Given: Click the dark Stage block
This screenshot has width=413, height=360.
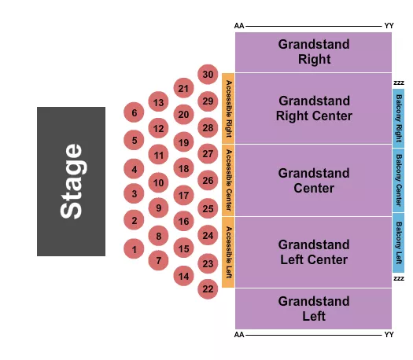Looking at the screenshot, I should [x=71, y=182].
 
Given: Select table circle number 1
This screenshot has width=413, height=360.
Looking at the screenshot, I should [x=135, y=249].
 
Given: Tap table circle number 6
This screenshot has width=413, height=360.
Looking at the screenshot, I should [x=135, y=112].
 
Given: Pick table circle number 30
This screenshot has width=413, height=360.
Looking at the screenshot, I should [x=208, y=75].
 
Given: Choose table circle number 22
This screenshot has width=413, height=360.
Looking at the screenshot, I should [x=208, y=288].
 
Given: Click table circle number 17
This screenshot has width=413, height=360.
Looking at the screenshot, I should [x=183, y=195].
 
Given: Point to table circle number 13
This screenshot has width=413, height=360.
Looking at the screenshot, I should [x=158, y=102].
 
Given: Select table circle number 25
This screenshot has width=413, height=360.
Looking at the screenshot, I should [x=208, y=208].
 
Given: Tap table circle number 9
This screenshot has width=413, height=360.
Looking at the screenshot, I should [x=158, y=208].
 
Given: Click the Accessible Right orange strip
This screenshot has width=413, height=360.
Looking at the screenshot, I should [x=228, y=108].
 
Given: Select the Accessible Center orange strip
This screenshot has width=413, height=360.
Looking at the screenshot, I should [x=228, y=180].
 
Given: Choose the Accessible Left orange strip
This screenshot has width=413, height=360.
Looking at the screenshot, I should [x=228, y=252].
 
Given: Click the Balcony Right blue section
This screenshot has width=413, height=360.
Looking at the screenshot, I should [x=399, y=116].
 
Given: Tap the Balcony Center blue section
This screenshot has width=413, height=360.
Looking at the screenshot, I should [x=399, y=179].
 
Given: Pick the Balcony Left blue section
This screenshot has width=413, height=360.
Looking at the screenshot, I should [x=399, y=242].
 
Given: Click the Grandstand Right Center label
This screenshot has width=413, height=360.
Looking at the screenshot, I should [x=313, y=108].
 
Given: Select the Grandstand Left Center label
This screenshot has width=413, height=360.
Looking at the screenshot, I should [x=313, y=252].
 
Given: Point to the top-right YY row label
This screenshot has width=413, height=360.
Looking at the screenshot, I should [x=389, y=26].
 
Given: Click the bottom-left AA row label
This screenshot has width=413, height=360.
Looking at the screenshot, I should [x=239, y=335].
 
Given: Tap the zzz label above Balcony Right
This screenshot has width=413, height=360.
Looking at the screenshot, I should [x=398, y=83].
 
